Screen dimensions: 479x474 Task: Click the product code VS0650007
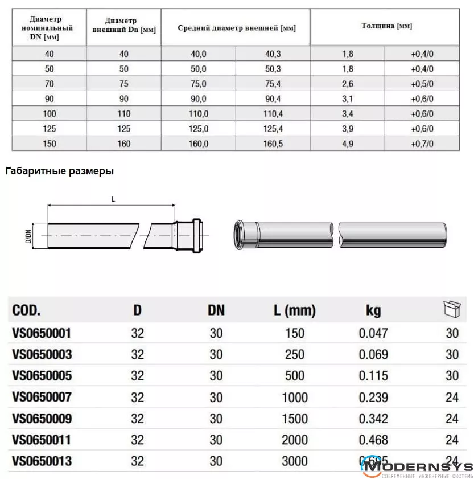click(x=42, y=397)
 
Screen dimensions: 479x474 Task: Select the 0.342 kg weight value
click(x=373, y=419)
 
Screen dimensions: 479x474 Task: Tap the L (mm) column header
click(x=294, y=311)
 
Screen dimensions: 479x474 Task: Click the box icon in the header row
click(x=451, y=309)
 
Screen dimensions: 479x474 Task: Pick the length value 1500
click(x=294, y=419)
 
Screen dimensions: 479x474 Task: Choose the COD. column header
click(x=26, y=311)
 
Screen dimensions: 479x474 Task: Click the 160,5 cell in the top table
click(x=273, y=144)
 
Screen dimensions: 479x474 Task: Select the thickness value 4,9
click(x=348, y=144)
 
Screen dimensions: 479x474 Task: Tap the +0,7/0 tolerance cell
click(x=422, y=144)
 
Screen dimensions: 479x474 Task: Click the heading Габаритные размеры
click(x=59, y=171)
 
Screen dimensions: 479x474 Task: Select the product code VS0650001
click(x=42, y=333)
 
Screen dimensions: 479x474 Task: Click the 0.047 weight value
click(x=373, y=333)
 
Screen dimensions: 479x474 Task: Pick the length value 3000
click(x=294, y=461)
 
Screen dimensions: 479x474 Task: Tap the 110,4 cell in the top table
click(x=273, y=114)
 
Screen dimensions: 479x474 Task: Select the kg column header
click(x=373, y=311)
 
